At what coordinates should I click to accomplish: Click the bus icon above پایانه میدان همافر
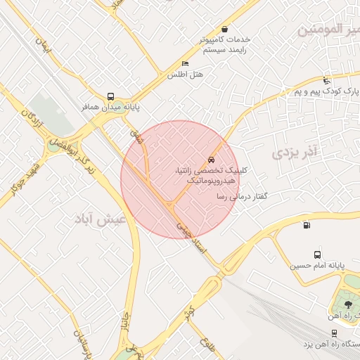110,97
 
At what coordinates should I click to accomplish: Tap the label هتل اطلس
185,75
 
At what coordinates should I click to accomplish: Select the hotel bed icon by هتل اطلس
185,64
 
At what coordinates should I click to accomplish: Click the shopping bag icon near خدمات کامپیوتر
224,30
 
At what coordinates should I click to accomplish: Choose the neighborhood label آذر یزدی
295,151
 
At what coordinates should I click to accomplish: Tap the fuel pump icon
305,225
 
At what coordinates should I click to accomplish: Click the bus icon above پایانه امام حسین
317,255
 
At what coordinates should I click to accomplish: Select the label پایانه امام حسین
317,266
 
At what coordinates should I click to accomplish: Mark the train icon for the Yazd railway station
334,333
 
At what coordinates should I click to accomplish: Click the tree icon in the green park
349,304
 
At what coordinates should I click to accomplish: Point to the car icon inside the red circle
211,158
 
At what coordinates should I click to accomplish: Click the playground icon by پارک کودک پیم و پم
326,81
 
